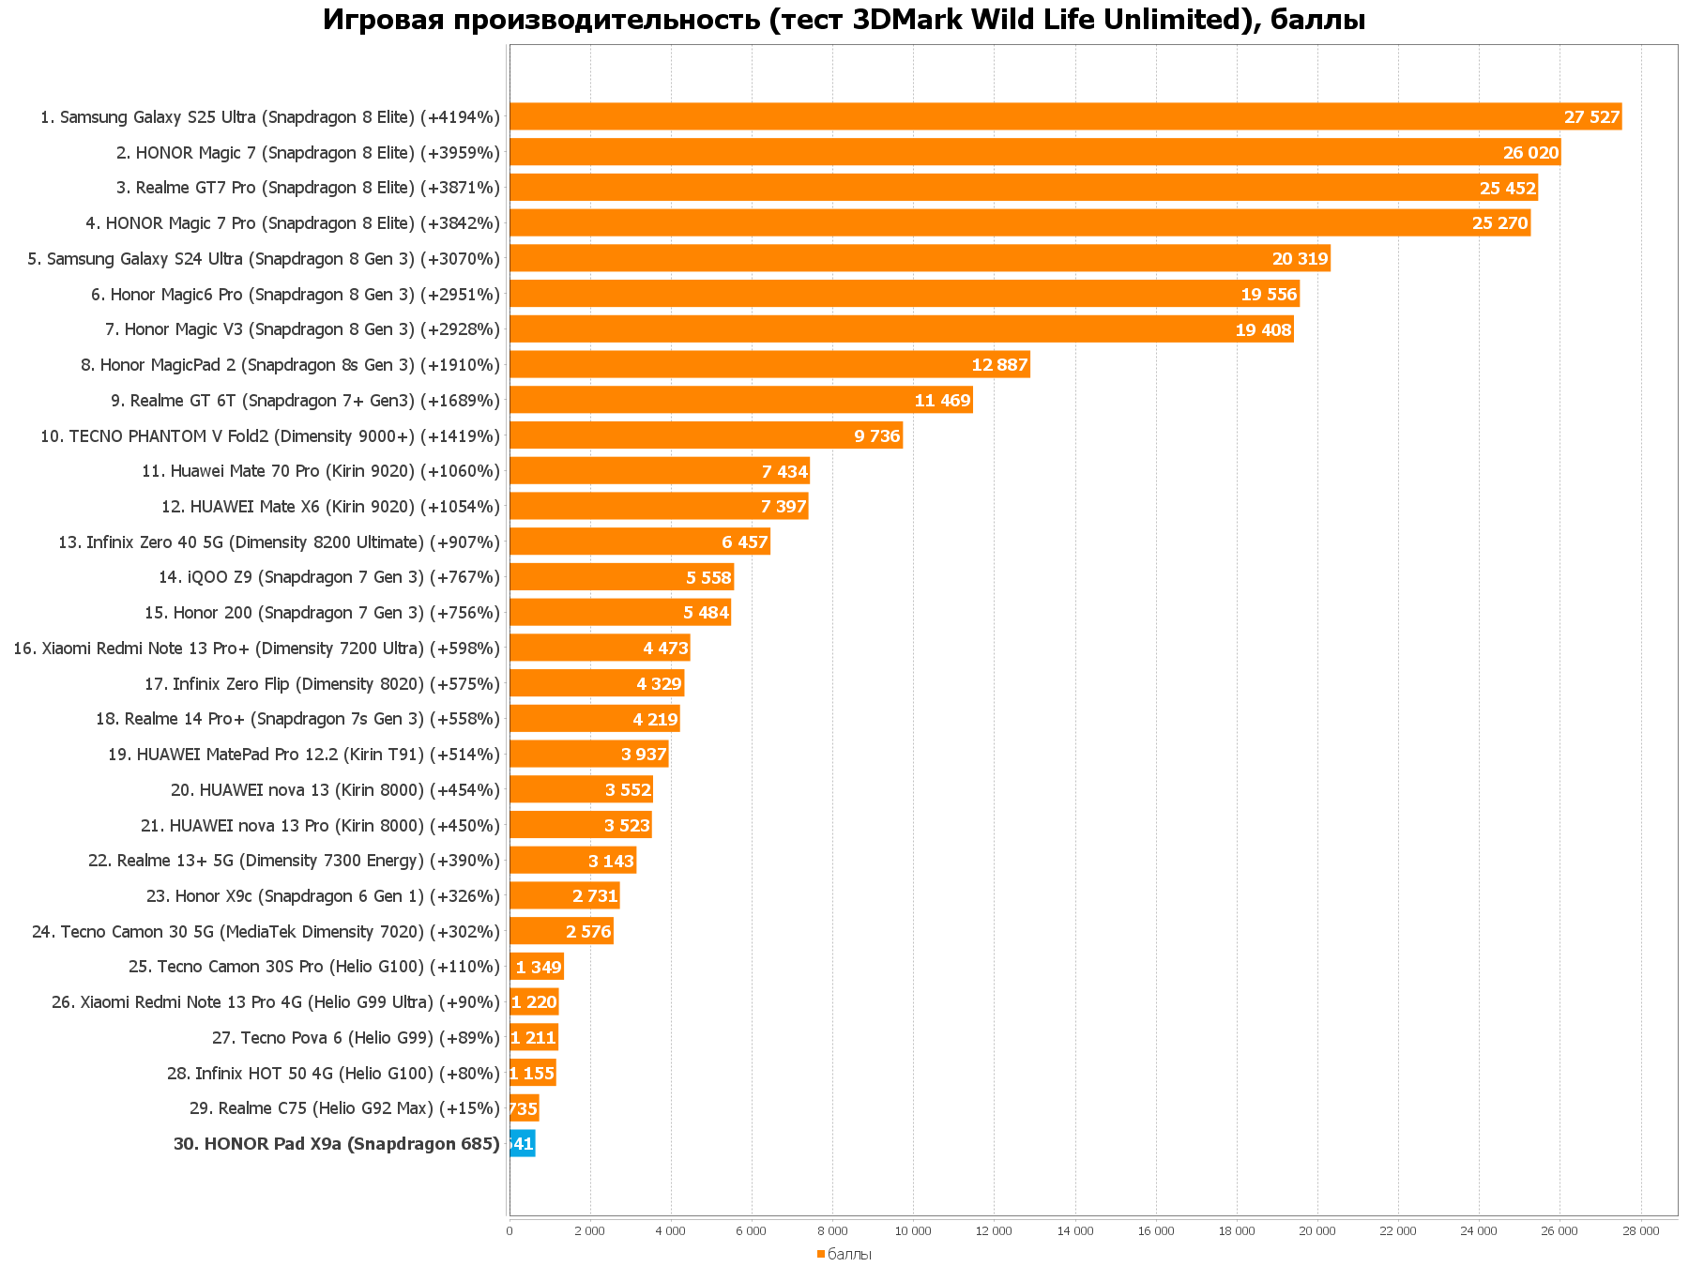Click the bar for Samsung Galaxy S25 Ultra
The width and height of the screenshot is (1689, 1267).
[x=1065, y=116]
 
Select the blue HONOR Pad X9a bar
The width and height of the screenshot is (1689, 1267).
[x=523, y=1143]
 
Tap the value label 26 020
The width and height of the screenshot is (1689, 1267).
[x=1530, y=153]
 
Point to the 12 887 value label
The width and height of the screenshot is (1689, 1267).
[x=999, y=365]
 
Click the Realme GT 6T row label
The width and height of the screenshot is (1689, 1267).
[x=305, y=401]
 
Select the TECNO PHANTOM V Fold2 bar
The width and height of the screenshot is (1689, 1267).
[x=706, y=435]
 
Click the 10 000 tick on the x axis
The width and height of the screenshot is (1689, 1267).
[x=913, y=1231]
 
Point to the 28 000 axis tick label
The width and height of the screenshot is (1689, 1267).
[x=1640, y=1231]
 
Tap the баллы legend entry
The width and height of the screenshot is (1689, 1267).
[x=849, y=1255]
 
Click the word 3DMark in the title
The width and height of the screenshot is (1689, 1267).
[x=907, y=20]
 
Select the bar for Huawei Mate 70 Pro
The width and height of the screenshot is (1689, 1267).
[x=659, y=471]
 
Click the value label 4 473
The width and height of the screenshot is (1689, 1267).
[x=665, y=649]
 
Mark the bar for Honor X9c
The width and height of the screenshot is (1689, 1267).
[x=564, y=896]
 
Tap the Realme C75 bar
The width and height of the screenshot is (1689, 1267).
[x=524, y=1108]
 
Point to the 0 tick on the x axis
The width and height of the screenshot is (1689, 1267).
[x=510, y=1231]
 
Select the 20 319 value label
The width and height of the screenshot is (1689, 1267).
[x=1300, y=259]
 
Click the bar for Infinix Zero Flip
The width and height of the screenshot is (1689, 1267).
[x=596, y=683]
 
